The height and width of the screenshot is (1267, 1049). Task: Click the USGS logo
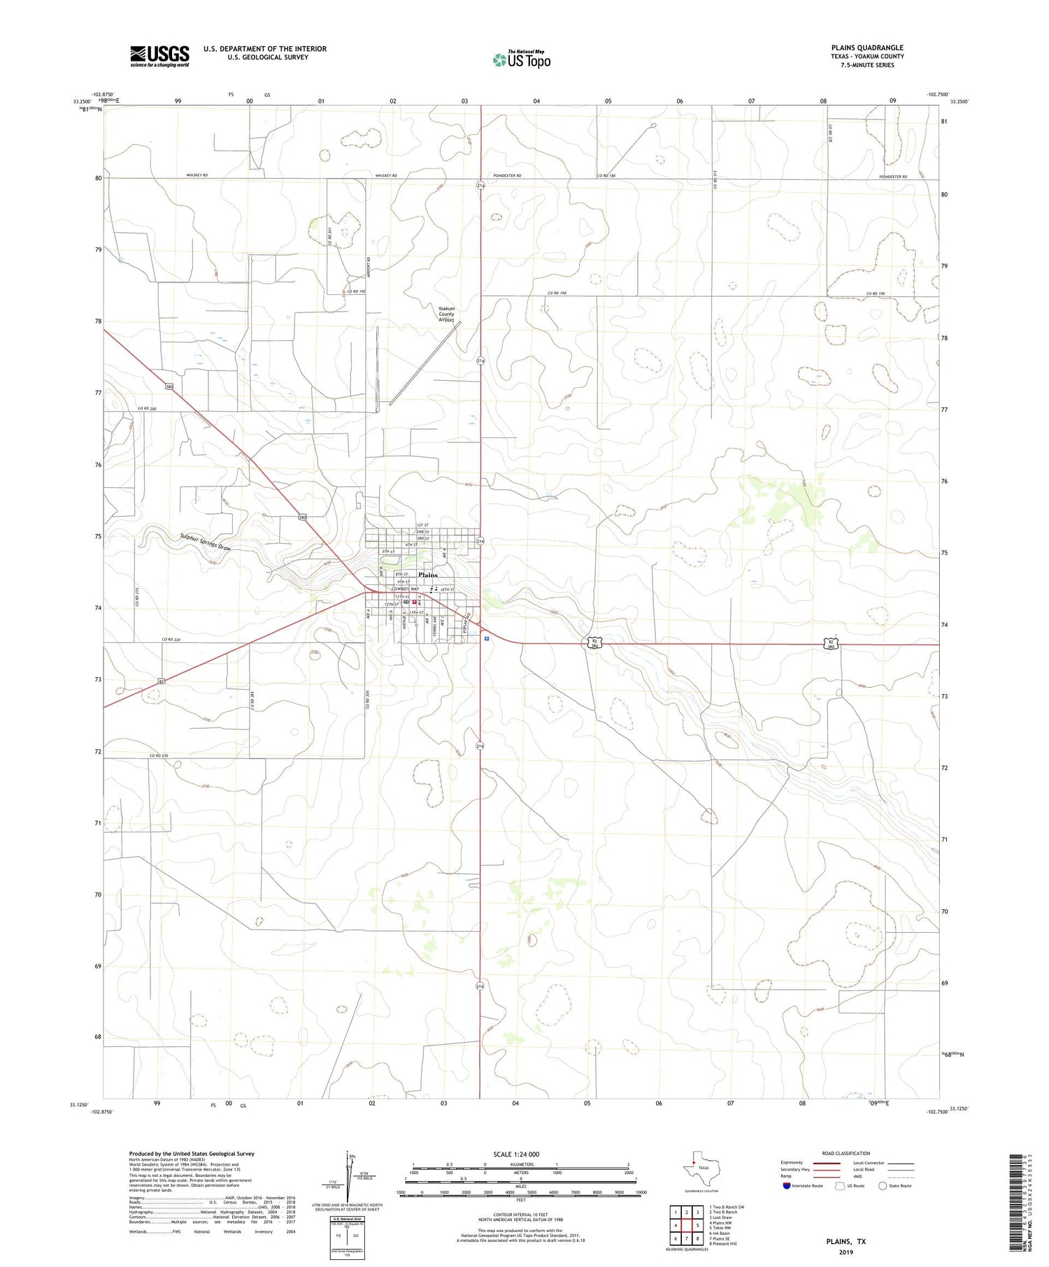coord(159,56)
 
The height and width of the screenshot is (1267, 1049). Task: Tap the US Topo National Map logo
coord(521,59)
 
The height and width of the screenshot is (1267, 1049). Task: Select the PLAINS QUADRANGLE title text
coord(867,48)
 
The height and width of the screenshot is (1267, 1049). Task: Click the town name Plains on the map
coord(427,574)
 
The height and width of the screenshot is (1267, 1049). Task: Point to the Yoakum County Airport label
coord(446,314)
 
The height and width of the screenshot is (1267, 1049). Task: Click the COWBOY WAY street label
coord(406,589)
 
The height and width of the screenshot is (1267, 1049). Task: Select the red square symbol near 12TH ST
coord(414,601)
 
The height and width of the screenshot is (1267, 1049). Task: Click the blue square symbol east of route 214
coord(486,638)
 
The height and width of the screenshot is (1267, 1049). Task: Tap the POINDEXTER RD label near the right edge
coord(893,177)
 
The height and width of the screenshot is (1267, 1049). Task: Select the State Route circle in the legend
coord(883,1186)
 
